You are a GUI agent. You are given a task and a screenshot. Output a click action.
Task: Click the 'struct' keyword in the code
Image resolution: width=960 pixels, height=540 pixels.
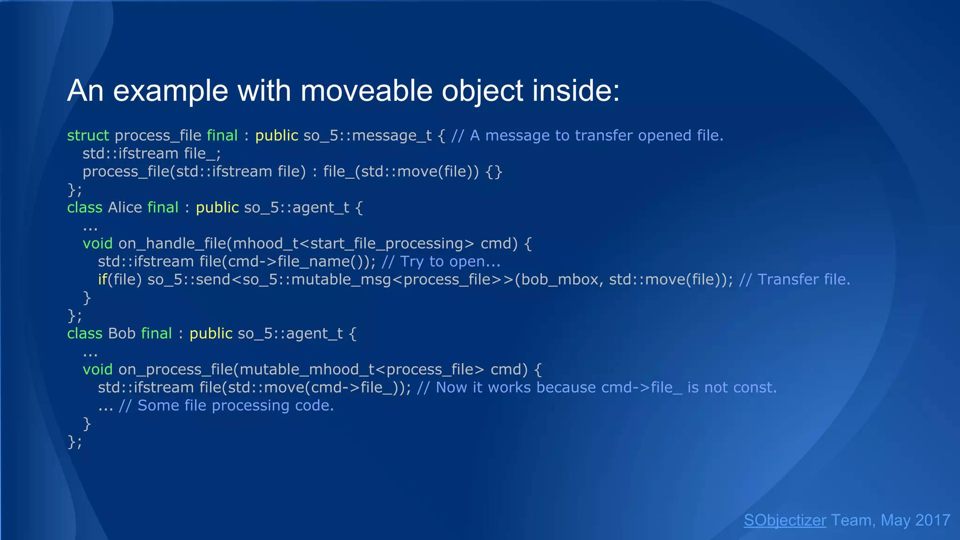click(x=88, y=135)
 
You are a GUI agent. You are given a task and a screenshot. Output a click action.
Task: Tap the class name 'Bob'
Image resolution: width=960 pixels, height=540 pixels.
click(x=121, y=333)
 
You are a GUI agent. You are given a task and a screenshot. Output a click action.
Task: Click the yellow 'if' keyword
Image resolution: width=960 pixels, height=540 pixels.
click(x=102, y=279)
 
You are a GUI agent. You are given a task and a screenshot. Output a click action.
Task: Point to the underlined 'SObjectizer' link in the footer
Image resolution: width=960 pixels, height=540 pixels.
click(x=785, y=520)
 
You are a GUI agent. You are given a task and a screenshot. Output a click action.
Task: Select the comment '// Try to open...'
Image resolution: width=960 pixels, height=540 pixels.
click(x=441, y=262)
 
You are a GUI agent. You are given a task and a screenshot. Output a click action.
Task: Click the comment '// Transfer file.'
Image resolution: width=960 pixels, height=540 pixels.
click(x=794, y=279)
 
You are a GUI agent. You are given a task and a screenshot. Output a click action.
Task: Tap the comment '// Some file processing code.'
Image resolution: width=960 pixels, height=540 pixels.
click(x=226, y=405)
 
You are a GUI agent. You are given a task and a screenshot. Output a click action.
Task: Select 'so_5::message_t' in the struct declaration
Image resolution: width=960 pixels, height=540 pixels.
click(x=367, y=135)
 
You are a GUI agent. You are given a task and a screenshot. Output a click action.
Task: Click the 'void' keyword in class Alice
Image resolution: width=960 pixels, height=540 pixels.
click(x=97, y=244)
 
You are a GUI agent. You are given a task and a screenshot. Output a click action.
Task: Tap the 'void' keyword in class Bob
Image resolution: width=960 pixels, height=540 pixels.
click(x=97, y=370)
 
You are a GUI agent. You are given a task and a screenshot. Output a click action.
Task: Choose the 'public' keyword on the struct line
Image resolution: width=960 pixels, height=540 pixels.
click(x=277, y=135)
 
